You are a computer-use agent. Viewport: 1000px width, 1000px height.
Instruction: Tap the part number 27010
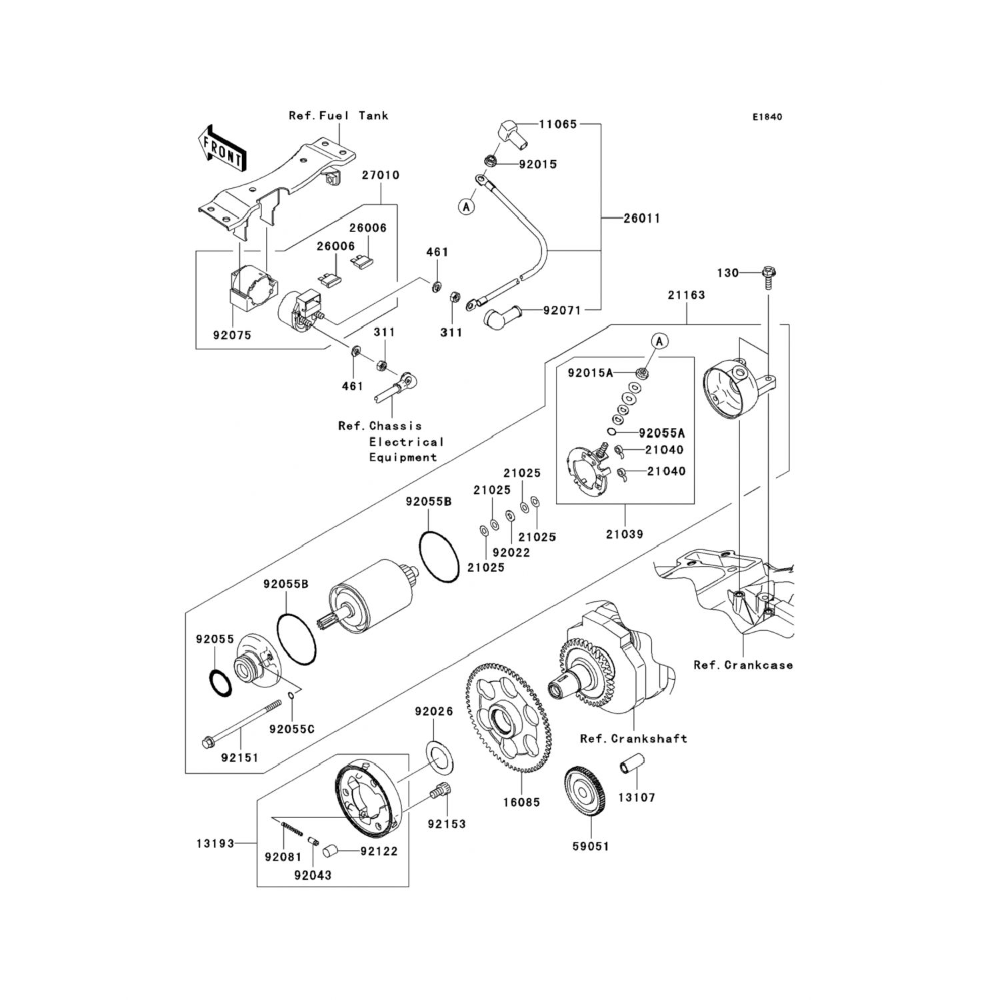381,175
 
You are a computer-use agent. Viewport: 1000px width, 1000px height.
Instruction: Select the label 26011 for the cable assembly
641,218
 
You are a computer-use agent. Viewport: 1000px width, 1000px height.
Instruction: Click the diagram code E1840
767,117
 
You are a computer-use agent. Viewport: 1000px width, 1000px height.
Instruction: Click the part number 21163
687,295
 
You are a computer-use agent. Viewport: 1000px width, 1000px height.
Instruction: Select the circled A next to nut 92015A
659,341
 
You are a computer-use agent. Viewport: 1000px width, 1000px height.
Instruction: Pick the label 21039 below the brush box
625,534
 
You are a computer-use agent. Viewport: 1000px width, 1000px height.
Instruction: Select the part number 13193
215,844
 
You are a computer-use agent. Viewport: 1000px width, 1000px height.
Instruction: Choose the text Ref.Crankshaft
633,739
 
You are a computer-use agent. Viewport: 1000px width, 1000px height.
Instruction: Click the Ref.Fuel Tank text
338,115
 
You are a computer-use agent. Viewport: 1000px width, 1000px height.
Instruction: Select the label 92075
232,335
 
